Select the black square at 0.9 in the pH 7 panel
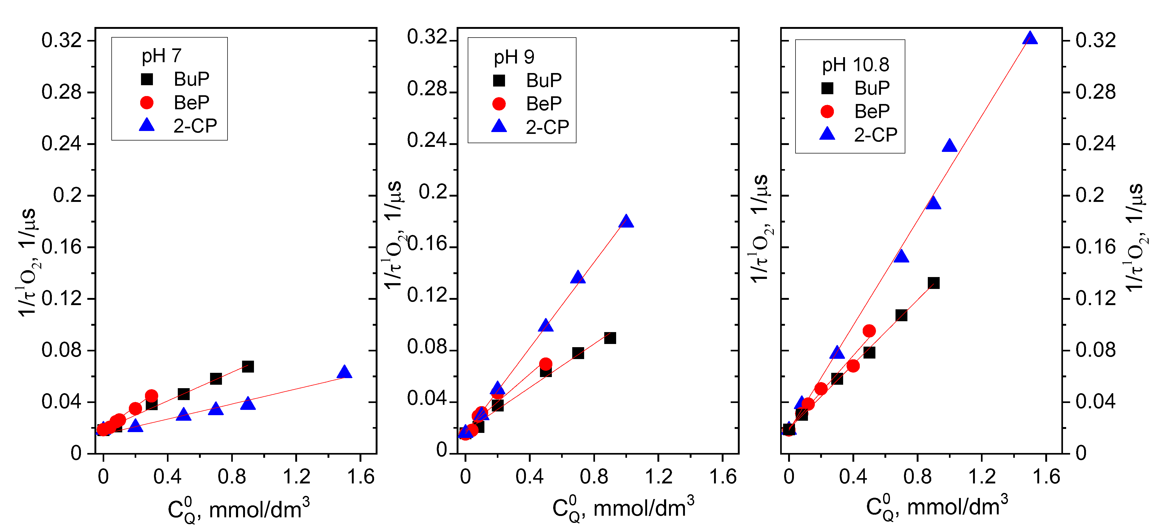[x=248, y=366]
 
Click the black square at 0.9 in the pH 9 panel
[x=610, y=338]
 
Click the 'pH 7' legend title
[x=161, y=56]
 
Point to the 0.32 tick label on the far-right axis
[x=1096, y=40]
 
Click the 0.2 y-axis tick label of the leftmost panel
[x=67, y=195]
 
